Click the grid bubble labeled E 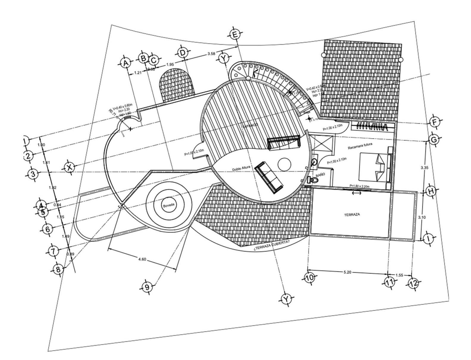tap(235, 35)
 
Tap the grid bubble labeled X tap(69, 167)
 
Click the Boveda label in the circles tap(168, 205)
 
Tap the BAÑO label tap(320, 175)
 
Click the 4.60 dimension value tap(142, 259)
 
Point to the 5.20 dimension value tap(347, 272)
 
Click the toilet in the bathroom tap(311, 180)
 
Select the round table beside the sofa tap(284, 164)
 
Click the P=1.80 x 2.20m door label tap(360, 186)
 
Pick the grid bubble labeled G tap(434, 139)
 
